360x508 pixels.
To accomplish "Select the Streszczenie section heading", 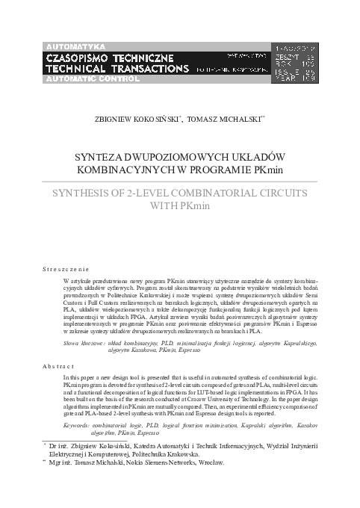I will point(66,267).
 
